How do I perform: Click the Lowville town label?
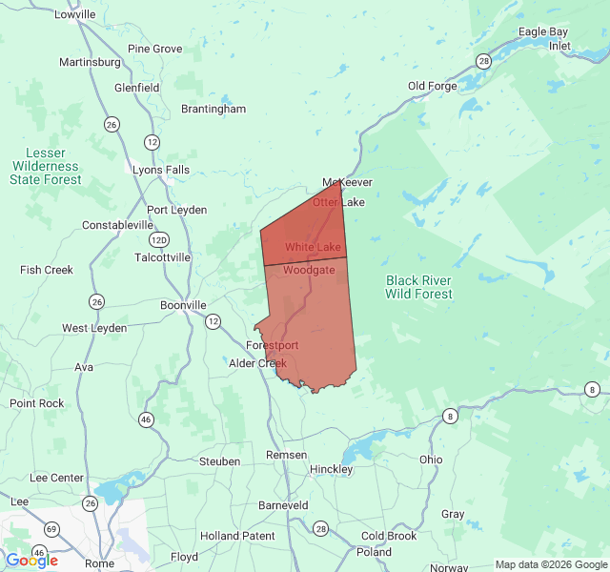75,14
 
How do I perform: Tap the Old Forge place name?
432,86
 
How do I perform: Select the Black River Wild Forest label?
418,287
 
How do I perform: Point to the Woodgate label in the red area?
309,270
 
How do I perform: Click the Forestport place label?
272,345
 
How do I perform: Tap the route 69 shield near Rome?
51,528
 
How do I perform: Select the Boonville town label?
183,305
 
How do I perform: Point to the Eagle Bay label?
543,31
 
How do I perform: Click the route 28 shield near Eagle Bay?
484,61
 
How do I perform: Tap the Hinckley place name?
331,469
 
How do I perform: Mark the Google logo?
31,561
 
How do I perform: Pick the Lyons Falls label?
161,170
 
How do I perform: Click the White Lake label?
313,247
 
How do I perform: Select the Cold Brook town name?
389,536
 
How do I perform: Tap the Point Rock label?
37,403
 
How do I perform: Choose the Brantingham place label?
213,109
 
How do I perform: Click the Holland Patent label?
237,536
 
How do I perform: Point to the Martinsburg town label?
90,63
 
